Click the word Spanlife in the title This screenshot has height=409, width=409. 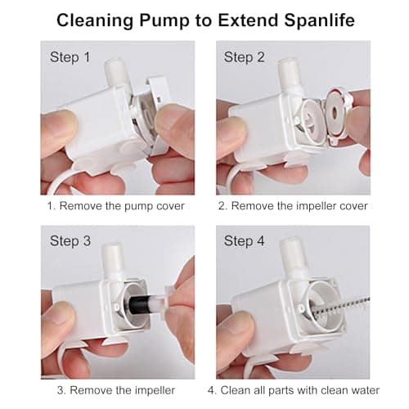(317, 20)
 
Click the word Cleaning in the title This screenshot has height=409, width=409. (96, 20)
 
